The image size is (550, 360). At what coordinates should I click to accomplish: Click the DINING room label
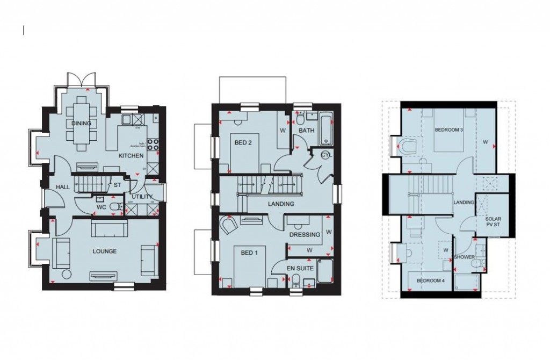point(81,123)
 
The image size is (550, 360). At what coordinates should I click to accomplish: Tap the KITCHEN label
point(131,156)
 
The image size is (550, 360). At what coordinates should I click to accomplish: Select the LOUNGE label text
point(104,251)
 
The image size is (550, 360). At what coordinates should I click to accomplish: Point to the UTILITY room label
point(142,197)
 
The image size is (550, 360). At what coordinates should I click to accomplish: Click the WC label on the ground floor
point(101,207)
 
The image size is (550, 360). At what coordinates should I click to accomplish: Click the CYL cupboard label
point(326,155)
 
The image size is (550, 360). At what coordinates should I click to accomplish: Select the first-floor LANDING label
point(281,204)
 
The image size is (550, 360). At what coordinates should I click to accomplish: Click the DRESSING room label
point(305,234)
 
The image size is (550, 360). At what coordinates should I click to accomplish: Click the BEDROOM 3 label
point(449,130)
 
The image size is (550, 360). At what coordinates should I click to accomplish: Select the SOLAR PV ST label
point(493,222)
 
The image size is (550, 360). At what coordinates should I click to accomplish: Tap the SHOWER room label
point(465,257)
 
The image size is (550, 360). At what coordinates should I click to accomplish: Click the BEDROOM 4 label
point(431,280)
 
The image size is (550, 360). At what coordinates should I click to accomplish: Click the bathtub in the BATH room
point(326,129)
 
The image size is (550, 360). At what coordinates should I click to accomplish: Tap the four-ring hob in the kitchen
point(153,145)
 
